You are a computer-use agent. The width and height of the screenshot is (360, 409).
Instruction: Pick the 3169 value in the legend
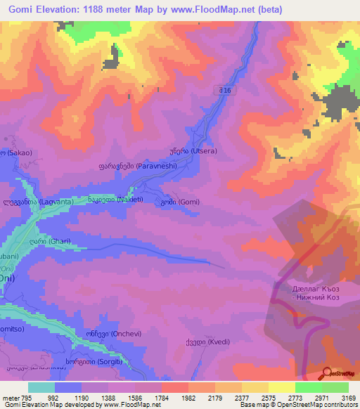[349, 398]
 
